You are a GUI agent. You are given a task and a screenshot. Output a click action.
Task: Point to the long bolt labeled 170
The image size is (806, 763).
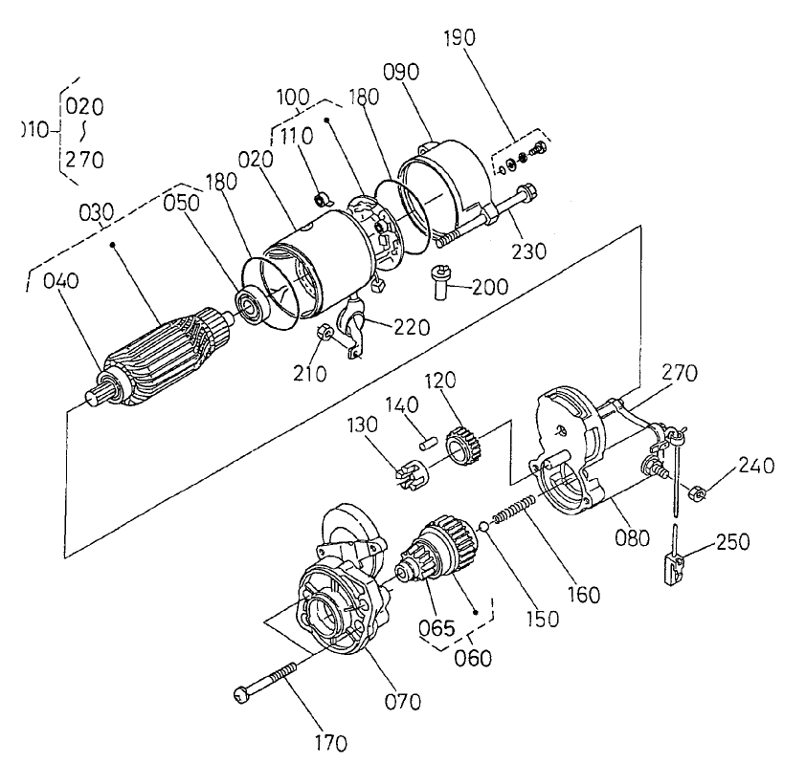tap(274, 675)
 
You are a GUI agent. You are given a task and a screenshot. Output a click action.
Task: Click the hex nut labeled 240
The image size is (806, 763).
tap(698, 492)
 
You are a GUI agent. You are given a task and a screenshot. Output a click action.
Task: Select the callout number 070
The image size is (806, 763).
tap(402, 702)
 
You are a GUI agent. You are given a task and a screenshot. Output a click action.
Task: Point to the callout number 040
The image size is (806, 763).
tap(60, 281)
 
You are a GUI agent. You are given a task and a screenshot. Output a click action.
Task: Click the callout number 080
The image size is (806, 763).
tap(632, 536)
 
